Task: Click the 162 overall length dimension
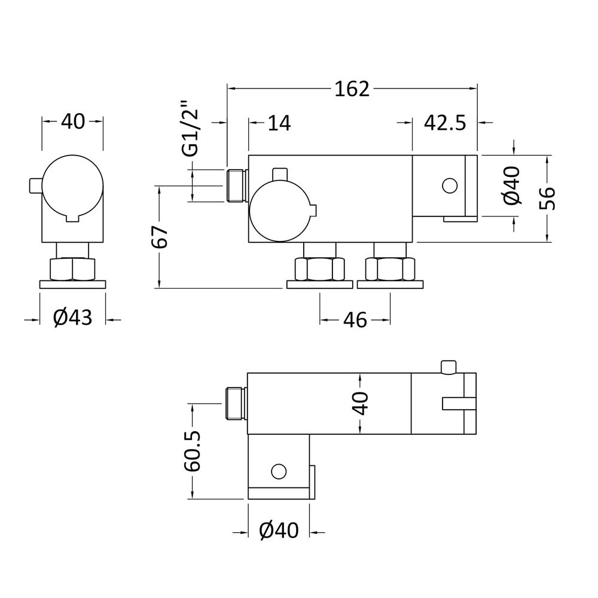[x=352, y=89]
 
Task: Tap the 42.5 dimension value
[x=444, y=123]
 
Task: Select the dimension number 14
[x=279, y=123]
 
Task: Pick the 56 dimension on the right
[x=547, y=198]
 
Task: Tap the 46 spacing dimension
[x=355, y=321]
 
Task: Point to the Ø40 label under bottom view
[x=279, y=530]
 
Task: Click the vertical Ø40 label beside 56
[x=512, y=187]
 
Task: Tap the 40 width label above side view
[x=73, y=122]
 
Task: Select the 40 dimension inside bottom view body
[x=360, y=403]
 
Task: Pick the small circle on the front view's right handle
[x=449, y=186]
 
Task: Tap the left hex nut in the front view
[x=319, y=269]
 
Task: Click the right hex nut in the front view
[x=390, y=269]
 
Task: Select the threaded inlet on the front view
[x=237, y=185]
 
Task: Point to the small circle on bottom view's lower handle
[x=278, y=471]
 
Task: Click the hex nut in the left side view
[x=72, y=269]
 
